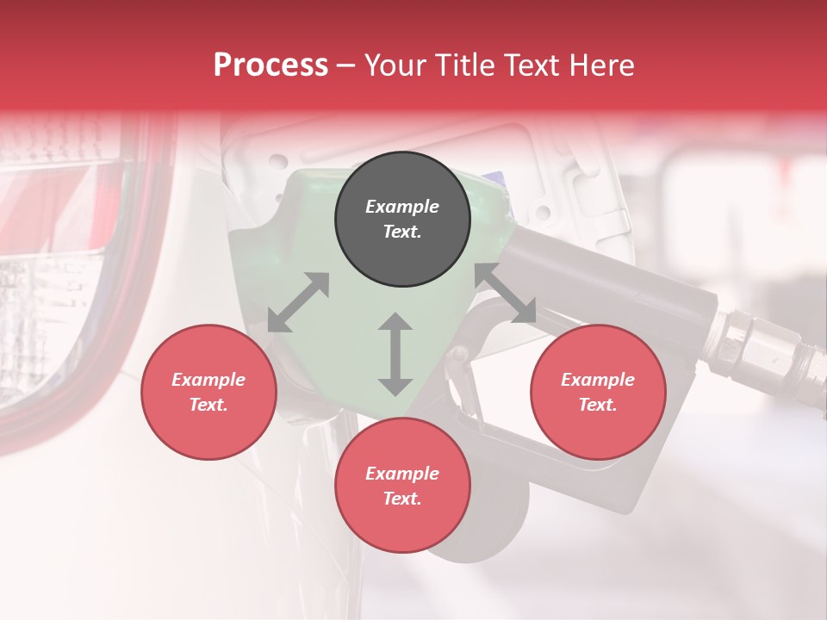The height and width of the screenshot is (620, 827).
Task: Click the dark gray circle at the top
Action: pos(402,219)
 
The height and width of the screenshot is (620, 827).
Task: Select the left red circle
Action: pos(208,392)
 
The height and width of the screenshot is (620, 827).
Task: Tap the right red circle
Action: pos(598,392)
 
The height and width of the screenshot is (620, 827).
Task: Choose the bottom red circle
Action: pos(402,486)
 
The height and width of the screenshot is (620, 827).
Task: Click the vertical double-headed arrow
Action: pos(395,354)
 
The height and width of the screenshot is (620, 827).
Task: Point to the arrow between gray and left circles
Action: pos(298,302)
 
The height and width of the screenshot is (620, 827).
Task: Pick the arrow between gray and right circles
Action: pos(506,294)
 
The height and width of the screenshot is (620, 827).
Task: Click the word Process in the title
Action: pos(270,65)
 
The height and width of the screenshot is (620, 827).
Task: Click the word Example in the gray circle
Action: pos(402,207)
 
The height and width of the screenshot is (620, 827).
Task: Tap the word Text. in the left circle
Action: pos(208,405)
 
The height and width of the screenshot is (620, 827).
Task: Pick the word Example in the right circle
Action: pos(598,380)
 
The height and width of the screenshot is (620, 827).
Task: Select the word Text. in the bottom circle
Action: pos(402,499)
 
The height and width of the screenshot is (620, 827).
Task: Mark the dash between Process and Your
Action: pos(346,65)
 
